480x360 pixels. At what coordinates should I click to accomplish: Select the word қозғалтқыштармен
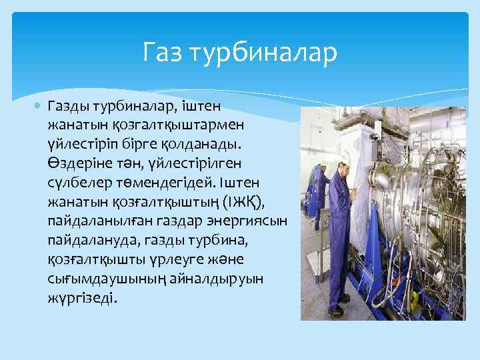(x=133, y=125)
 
